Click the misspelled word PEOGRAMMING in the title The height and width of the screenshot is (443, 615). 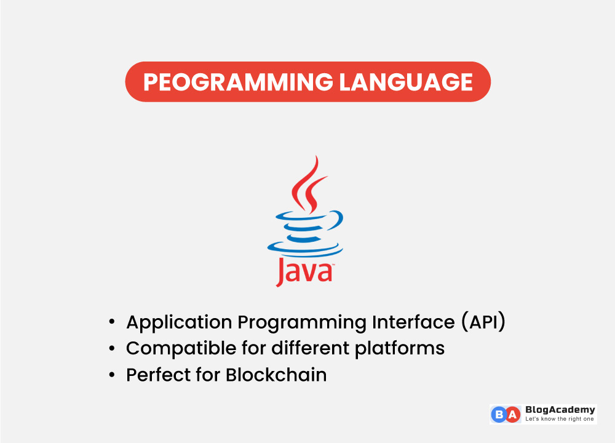(238, 82)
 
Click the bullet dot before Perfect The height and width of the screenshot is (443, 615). (111, 375)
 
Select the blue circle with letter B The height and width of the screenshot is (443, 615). (499, 415)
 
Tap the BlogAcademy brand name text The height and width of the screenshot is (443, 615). (560, 410)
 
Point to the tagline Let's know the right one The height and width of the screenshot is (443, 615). (559, 420)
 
